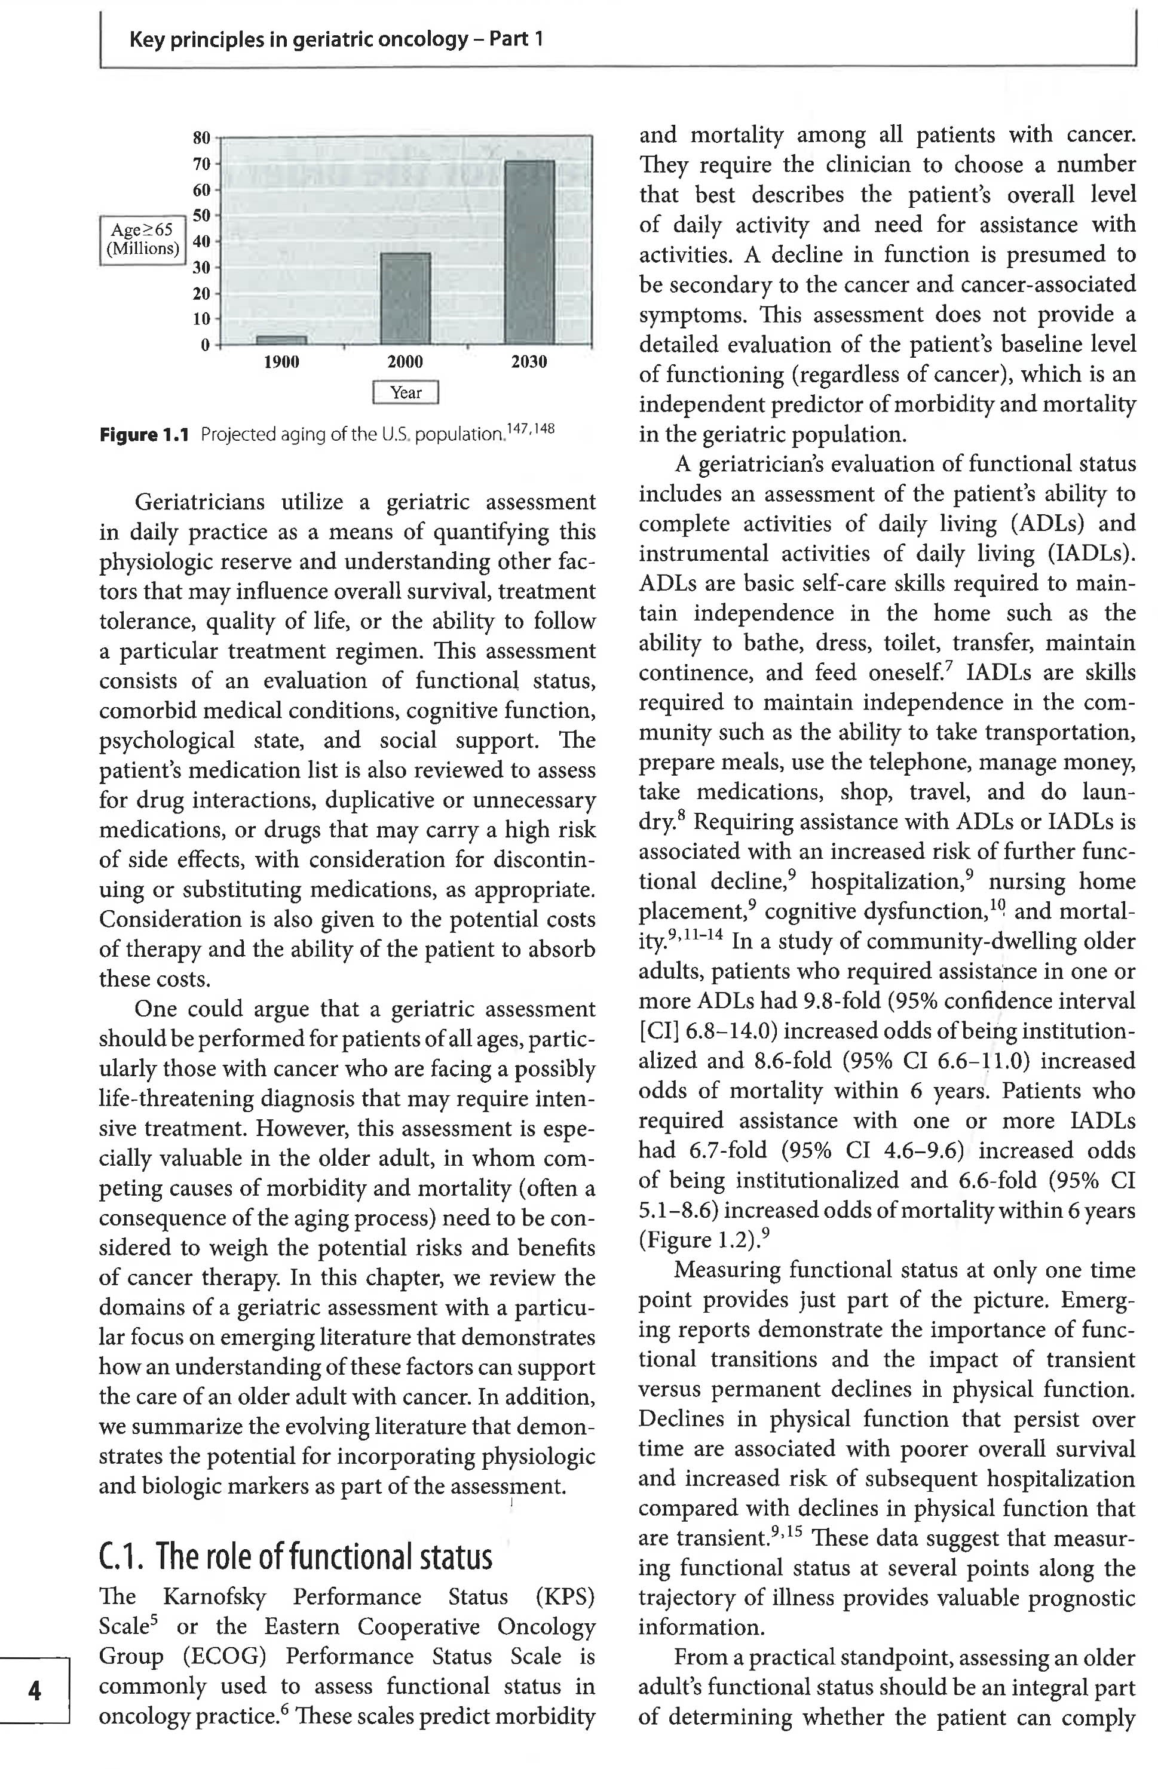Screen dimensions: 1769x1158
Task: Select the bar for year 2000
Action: tap(405, 298)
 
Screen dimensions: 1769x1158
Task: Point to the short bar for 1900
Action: tap(281, 340)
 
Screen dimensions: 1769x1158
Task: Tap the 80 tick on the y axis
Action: tap(201, 137)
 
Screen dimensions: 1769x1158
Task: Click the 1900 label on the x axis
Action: tap(281, 362)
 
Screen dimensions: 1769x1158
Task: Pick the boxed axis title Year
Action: tap(405, 392)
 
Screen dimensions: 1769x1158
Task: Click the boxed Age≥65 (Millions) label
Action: tap(142, 239)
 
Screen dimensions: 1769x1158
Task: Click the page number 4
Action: tap(34, 1691)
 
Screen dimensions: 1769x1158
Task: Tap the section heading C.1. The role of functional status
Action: tap(295, 1556)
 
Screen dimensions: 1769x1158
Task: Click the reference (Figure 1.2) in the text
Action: tap(699, 1240)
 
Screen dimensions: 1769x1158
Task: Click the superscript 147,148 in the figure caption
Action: tap(529, 429)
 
